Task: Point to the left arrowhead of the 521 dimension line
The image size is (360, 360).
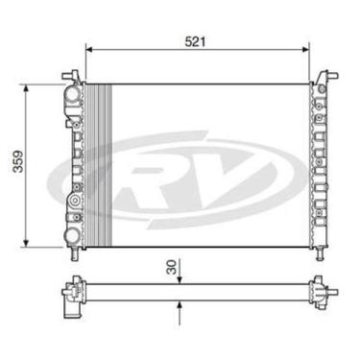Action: pyautogui.click(x=90, y=53)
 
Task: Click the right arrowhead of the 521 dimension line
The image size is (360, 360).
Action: pyautogui.click(x=307, y=53)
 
